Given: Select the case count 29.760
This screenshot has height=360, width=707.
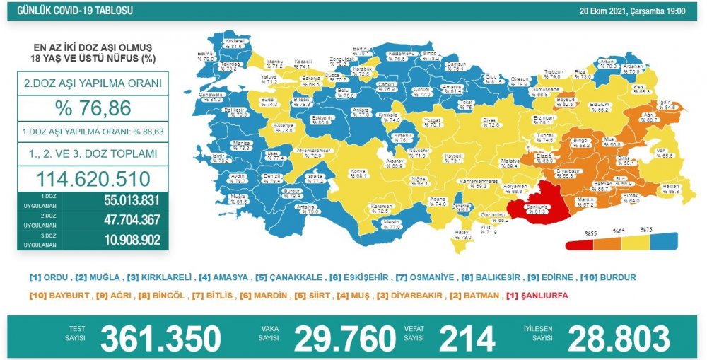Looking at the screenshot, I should point(344,338).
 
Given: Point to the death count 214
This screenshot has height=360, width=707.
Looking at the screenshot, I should point(467,338).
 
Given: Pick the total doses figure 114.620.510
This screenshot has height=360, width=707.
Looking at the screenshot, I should point(93,177).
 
